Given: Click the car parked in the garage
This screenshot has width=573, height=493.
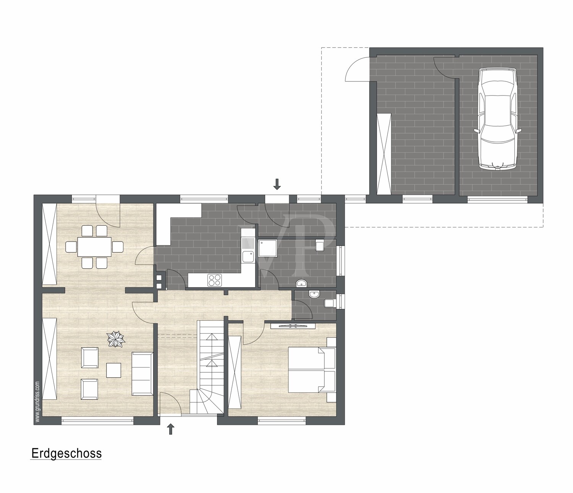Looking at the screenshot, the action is click(498, 119).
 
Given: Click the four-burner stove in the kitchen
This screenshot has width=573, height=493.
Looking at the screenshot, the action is click(215, 280).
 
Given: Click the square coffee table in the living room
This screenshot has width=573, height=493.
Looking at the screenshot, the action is click(114, 370).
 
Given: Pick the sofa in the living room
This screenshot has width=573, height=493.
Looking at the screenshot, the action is click(142, 373).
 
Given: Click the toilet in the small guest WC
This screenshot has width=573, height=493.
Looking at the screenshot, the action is click(329, 303).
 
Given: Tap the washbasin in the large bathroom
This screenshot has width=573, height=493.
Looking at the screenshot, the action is click(302, 283).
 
